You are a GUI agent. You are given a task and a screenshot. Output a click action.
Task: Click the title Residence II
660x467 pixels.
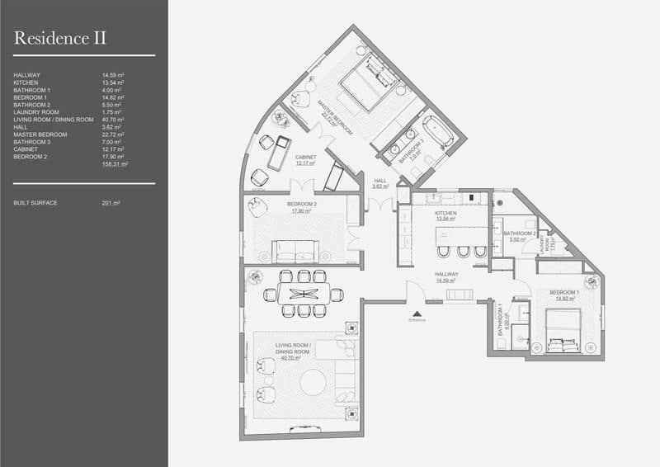[x=59, y=37]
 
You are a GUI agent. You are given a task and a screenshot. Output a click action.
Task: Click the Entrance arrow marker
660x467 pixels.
[x=417, y=314]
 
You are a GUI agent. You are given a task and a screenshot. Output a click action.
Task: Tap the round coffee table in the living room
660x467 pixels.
[x=313, y=382]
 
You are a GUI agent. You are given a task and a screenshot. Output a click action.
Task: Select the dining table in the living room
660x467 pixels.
[x=303, y=294]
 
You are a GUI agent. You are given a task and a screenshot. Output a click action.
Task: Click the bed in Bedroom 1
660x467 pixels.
[x=564, y=329]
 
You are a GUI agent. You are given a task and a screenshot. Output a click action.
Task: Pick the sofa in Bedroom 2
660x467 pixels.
[x=295, y=251]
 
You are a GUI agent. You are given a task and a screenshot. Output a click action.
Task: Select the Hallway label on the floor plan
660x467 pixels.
[x=446, y=278]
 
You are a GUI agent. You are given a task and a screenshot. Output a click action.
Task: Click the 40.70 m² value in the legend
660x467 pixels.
[x=113, y=120]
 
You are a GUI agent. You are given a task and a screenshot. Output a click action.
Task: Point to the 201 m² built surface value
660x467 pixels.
[x=111, y=202]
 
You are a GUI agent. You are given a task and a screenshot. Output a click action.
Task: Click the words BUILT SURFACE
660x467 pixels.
[x=35, y=202]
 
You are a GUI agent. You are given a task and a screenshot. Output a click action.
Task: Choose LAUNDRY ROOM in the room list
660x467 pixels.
[x=36, y=112]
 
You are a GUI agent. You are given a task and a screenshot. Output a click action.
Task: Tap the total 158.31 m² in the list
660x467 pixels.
[x=114, y=164]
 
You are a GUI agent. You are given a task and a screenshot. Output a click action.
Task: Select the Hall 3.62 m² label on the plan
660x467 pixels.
[x=379, y=183]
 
